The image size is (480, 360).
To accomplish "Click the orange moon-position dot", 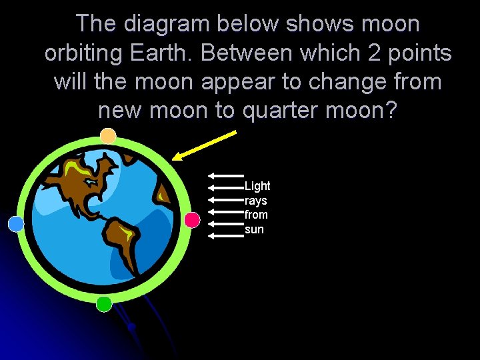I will coord(108,137).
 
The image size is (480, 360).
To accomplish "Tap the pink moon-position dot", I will coord(192,220).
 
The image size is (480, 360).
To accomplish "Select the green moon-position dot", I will coord(103,304).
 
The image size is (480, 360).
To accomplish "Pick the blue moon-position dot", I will coord(16,224).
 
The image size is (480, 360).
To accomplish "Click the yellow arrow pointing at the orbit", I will coord(204,145).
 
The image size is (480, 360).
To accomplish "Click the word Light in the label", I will coord(257,186).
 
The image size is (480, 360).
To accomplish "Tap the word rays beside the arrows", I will coord(255,201).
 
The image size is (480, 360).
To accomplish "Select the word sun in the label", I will coord(254,229).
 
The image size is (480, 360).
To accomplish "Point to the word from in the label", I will coord(256,215).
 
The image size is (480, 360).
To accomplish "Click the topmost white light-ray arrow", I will coord(225,175).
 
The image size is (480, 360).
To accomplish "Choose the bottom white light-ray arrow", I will coord(225,235).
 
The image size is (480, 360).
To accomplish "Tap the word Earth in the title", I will coord(160,53).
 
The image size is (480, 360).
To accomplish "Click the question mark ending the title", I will coord(391,111).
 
